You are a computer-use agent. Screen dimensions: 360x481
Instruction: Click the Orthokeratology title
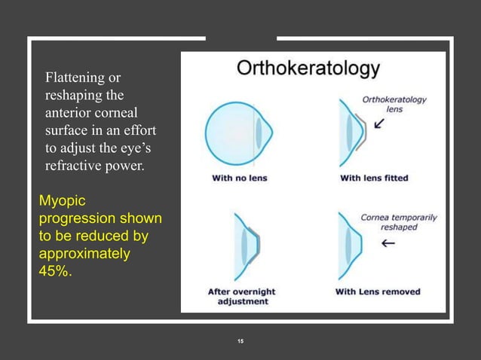click(308, 69)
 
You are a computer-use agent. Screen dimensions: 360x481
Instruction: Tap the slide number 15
click(240, 342)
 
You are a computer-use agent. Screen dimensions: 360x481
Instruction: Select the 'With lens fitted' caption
click(374, 178)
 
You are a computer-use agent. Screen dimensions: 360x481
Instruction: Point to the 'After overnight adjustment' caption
click(241, 296)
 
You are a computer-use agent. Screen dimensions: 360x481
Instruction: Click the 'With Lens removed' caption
click(378, 291)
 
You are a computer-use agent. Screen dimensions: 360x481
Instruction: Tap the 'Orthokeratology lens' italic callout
click(394, 104)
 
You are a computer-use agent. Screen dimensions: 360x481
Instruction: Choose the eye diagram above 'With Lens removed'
click(352, 246)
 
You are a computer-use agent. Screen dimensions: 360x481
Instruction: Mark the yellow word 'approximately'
click(84, 255)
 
